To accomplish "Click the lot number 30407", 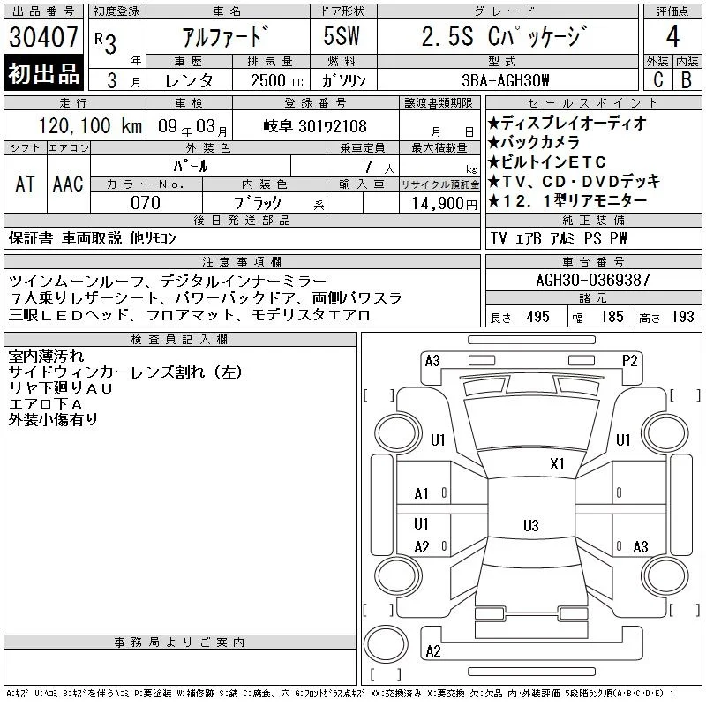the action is [43, 36].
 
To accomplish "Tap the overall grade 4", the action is [672, 36].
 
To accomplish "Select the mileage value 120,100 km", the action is [90, 125].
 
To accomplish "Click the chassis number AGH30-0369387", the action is [593, 280].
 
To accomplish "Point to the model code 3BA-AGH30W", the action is [505, 80].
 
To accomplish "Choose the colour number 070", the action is [146, 203].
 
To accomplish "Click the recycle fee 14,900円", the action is [445, 204].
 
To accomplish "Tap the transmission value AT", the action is [26, 184].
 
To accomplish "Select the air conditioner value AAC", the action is [68, 184].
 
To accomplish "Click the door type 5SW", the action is [342, 36].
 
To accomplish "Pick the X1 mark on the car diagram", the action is [557, 464].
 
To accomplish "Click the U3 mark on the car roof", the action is [531, 525].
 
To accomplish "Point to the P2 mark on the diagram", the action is [629, 361].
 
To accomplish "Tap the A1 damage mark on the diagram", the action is [422, 494].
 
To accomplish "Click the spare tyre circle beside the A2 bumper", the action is [386, 644].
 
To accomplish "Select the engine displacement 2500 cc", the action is [277, 80].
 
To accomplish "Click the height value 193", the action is [682, 317].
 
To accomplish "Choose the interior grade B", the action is [687, 80].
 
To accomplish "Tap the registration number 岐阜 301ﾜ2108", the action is [315, 126].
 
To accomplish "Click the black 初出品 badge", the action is [43, 73].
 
